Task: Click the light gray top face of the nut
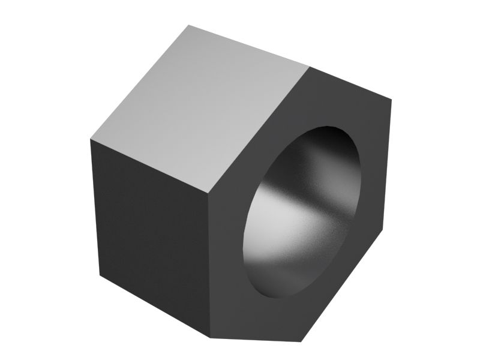point(198,108)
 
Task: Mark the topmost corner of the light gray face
point(188,25)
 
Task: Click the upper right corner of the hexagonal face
point(391,99)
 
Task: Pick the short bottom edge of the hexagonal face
point(254,339)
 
